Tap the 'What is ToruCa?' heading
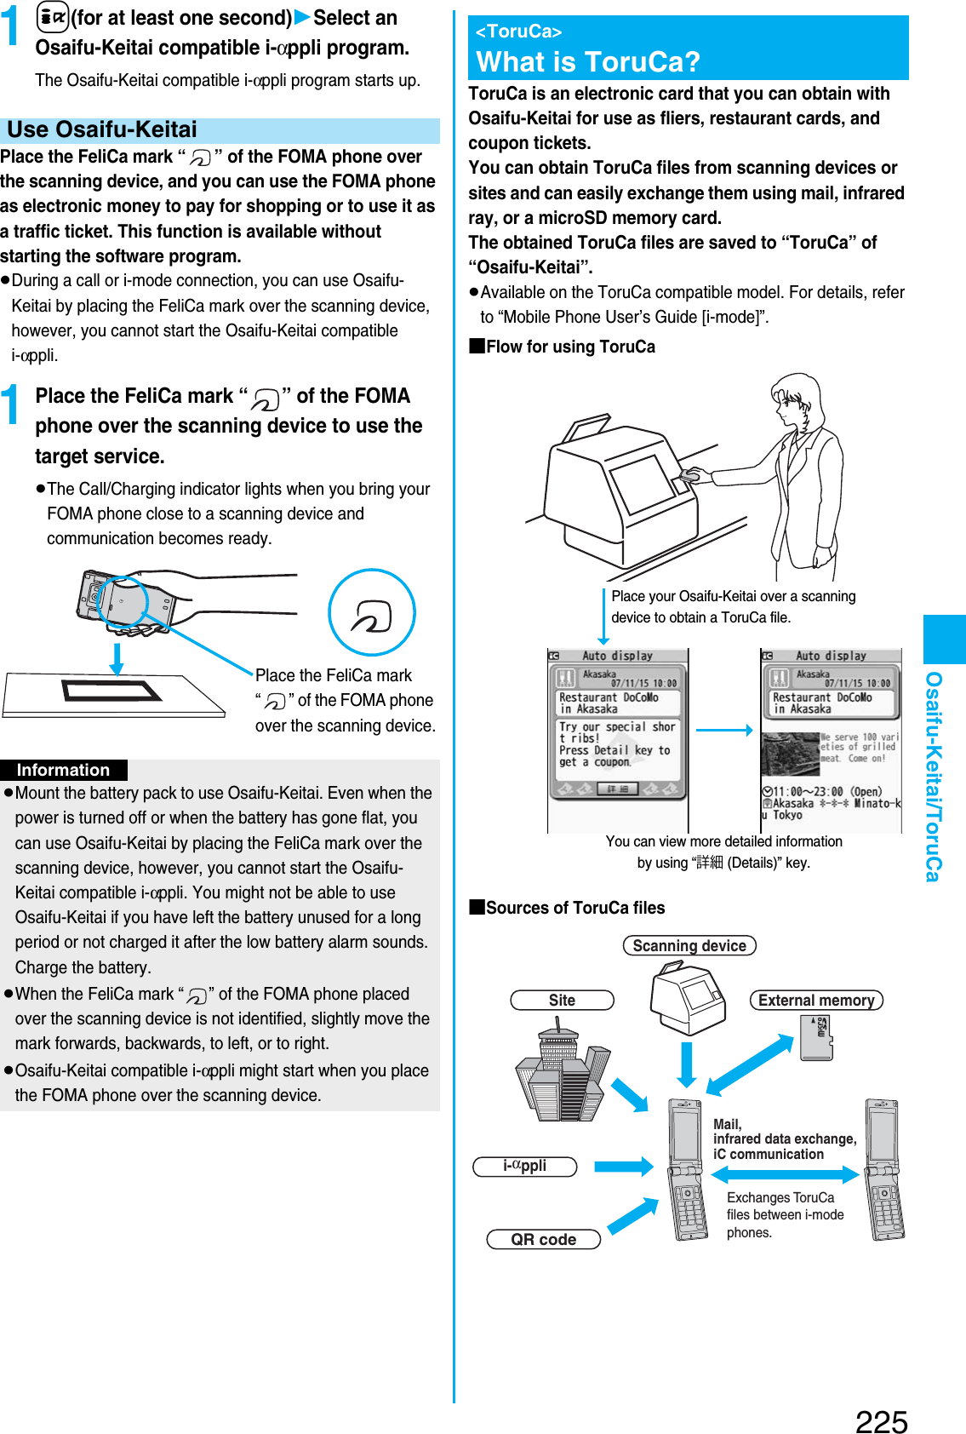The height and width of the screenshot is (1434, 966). pos(588,61)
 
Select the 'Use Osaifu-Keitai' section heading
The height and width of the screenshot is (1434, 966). pos(102,129)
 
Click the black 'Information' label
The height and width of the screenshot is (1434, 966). pos(64,770)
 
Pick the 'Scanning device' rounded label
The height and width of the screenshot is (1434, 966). pos(689,945)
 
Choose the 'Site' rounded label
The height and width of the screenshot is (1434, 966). pos(562,1000)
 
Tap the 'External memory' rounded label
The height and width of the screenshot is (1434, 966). pos(816,1000)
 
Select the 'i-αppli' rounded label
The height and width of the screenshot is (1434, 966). pos(525,1166)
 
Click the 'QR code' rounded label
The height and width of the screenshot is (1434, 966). pos(544,1239)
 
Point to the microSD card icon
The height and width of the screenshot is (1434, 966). pos(817,1036)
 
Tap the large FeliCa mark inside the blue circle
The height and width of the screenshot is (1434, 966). pos(372,613)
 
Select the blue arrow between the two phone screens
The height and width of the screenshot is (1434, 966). pos(723,730)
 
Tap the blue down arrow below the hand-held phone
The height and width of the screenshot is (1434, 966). pos(117,657)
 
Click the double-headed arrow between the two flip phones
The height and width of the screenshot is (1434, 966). pos(785,1175)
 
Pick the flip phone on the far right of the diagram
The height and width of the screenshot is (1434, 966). pos(884,1168)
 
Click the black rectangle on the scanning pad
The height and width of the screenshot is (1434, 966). pos(111,691)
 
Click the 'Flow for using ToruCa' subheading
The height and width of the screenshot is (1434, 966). pos(570,347)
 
